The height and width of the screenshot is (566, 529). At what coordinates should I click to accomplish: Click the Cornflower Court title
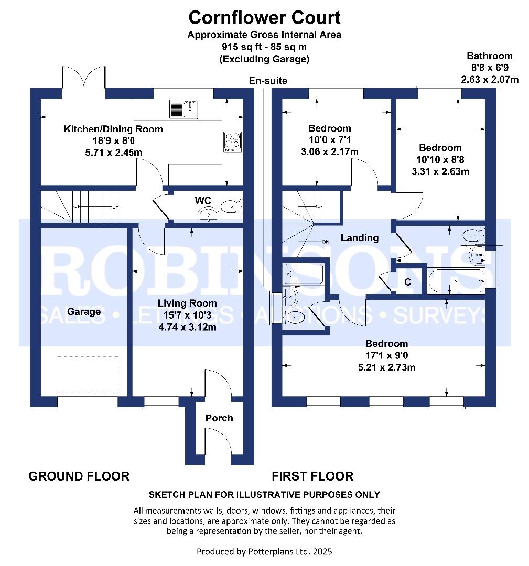[264, 17]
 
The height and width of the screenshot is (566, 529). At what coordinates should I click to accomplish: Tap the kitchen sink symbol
[183, 109]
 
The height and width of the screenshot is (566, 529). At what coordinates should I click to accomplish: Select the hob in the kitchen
[233, 140]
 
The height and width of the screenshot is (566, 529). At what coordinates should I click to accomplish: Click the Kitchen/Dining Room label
[113, 129]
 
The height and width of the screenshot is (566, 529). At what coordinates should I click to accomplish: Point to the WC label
[203, 201]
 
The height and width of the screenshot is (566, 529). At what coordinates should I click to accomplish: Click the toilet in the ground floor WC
[230, 208]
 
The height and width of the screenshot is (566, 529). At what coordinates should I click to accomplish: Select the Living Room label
[188, 303]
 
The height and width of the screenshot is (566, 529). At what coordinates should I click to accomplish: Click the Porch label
[219, 418]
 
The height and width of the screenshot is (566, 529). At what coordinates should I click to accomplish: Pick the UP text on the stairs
[115, 206]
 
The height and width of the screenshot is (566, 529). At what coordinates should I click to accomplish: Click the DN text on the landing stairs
[325, 242]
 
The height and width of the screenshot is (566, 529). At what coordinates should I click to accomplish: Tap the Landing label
[360, 238]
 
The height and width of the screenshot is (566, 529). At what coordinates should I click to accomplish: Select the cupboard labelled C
[407, 282]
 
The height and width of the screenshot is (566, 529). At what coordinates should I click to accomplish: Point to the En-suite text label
[268, 80]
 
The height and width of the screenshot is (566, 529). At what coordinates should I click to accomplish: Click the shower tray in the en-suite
[303, 274]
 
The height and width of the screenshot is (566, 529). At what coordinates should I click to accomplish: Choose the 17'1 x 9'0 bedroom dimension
[386, 355]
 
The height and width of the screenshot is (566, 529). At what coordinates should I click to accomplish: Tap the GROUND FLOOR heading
[79, 476]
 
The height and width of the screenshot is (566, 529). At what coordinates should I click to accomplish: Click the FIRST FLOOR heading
[312, 476]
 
